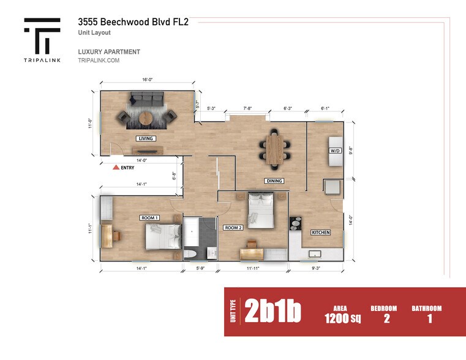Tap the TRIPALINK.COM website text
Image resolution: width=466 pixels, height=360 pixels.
click(98, 61)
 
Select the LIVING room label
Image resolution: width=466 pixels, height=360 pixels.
click(146, 138)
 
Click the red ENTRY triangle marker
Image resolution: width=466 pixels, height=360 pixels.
click(115, 167)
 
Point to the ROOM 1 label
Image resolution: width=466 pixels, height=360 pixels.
click(149, 217)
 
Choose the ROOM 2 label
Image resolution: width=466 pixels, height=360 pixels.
click(233, 228)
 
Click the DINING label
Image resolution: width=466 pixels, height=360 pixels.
click(274, 181)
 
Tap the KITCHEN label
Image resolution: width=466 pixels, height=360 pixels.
click(320, 233)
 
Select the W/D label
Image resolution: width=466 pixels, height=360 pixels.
click(335, 151)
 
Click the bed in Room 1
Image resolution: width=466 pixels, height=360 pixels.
click(163, 236)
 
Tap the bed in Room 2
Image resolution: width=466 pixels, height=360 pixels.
click(261, 209)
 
